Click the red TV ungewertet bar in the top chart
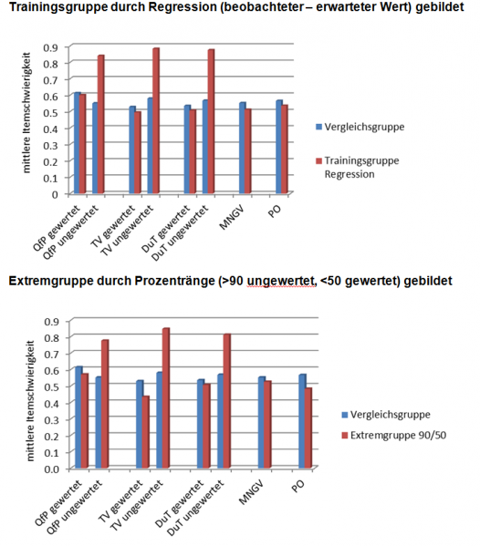(156, 121)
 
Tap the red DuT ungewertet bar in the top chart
(212, 122)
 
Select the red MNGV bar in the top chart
(247, 151)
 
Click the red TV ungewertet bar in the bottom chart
(166, 398)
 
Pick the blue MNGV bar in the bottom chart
(262, 423)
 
